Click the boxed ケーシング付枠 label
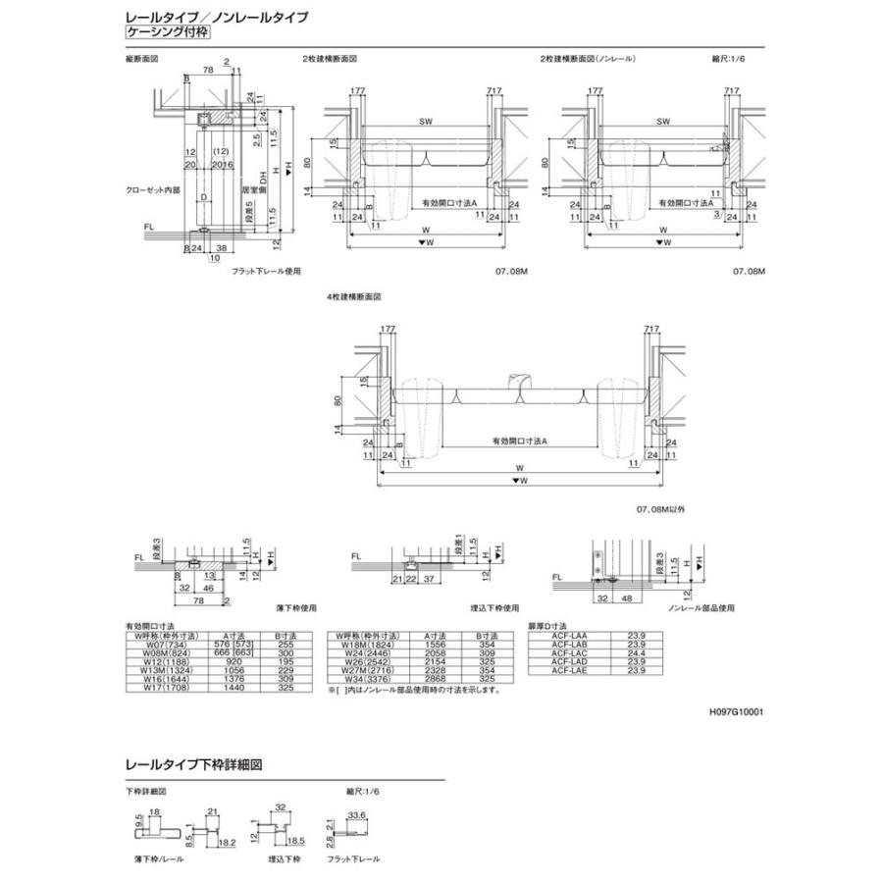tap(166, 32)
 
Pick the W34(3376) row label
tap(364, 676)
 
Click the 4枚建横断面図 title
tap(353, 295)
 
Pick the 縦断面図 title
tap(142, 61)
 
